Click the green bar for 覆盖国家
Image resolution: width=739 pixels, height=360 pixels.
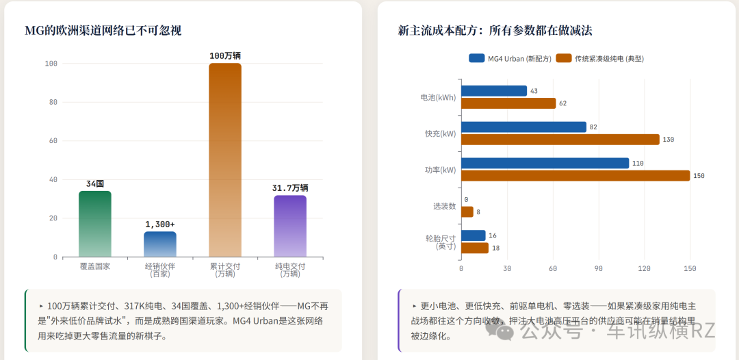tap(94, 224)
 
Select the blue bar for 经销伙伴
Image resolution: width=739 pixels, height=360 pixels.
tap(159, 244)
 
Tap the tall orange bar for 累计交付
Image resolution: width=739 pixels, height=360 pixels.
tap(225, 159)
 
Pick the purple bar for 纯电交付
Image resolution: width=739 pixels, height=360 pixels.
tap(290, 226)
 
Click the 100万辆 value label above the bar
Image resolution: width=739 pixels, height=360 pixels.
tap(225, 55)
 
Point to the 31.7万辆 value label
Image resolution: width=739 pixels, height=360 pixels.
tap(290, 188)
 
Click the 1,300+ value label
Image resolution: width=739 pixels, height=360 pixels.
tap(159, 224)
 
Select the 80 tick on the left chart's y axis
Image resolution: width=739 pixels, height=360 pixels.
tap(54, 102)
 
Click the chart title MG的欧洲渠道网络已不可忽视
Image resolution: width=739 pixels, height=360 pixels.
tap(103, 31)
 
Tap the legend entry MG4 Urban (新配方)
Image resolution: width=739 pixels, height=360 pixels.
tap(510, 58)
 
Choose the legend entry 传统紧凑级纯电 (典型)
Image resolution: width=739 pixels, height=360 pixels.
tap(600, 58)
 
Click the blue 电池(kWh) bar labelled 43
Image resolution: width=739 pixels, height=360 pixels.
tap(494, 91)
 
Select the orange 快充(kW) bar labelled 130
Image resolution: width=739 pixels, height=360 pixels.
tap(560, 140)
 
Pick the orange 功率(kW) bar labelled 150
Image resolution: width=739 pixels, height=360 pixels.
tap(575, 176)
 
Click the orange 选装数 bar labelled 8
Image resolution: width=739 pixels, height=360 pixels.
tap(467, 212)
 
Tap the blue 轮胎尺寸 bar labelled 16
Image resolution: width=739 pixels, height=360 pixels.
tap(474, 235)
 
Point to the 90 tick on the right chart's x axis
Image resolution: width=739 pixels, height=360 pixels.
tap(599, 268)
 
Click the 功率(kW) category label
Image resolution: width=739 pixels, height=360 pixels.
tap(440, 170)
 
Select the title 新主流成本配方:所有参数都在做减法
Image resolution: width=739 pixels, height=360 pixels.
tap(495, 31)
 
